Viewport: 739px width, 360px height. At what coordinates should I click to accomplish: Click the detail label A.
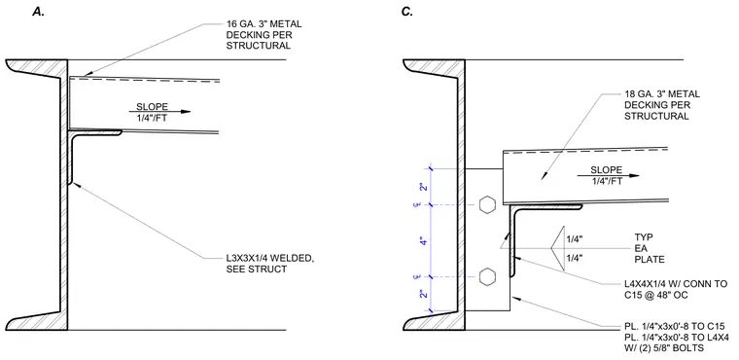(x=38, y=13)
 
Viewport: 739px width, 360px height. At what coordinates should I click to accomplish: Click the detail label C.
(x=407, y=13)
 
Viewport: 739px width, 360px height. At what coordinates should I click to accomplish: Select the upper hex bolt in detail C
(x=487, y=205)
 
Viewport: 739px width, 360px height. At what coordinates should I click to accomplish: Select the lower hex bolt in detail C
(x=487, y=277)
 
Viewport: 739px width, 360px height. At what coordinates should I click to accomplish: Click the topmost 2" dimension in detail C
(x=425, y=187)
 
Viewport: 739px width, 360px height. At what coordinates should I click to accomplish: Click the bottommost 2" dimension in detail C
(x=425, y=295)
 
